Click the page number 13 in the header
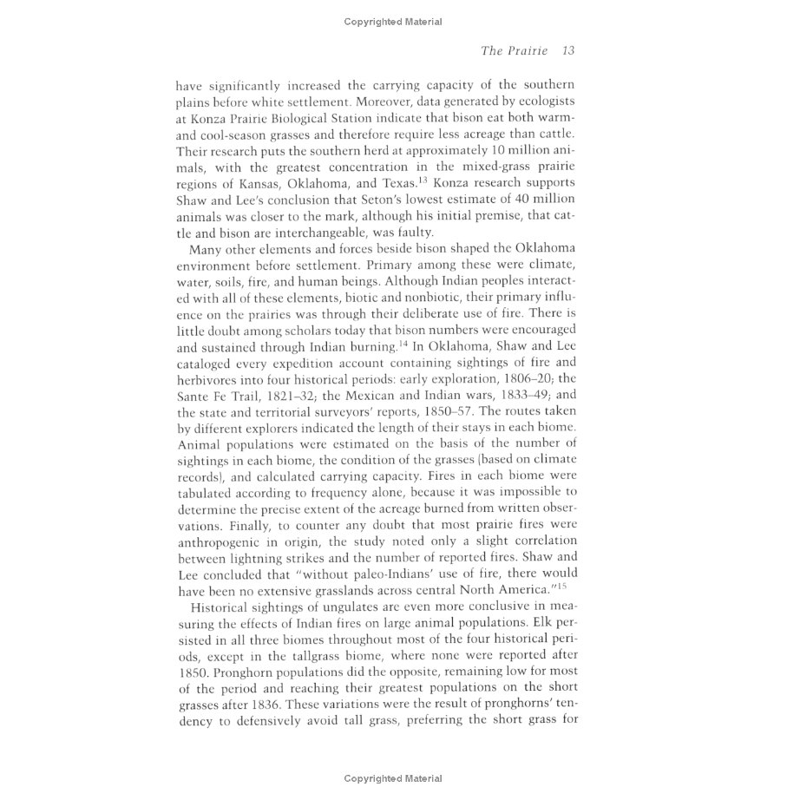click(568, 51)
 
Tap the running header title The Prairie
click(515, 51)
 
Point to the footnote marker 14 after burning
click(416, 344)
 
